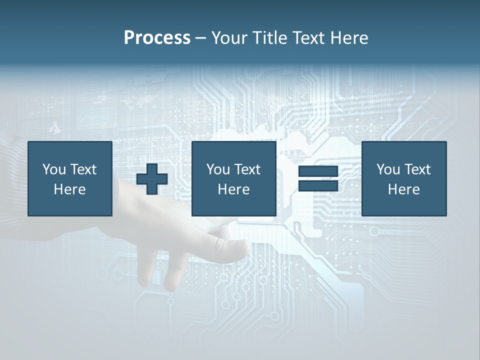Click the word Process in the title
pos(157,38)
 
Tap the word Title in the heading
pos(270,38)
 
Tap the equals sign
pos(318,178)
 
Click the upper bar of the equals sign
pos(318,171)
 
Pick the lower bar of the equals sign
pos(318,185)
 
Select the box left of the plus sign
pos(69,178)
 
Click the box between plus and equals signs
pos(233,178)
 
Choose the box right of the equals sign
pos(403,178)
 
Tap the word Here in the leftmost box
pos(69,189)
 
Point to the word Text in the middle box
pos(247,169)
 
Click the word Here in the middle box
pos(233,189)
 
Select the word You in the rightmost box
pos(388,169)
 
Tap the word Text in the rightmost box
pos(417,169)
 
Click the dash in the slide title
pos(200,38)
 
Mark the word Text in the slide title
pos(307,38)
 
